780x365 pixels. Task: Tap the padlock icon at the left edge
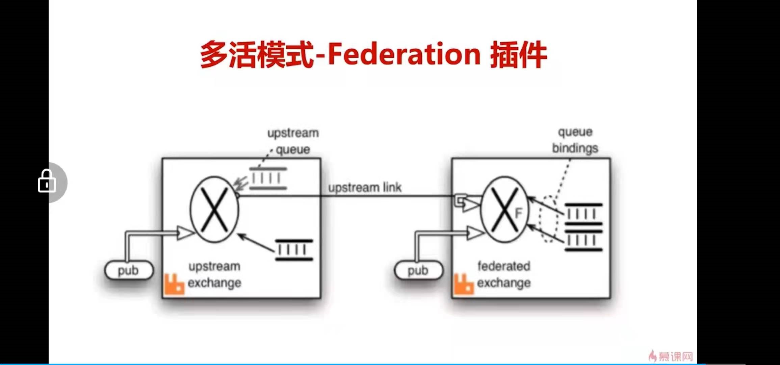coord(47,182)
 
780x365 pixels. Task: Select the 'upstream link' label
coord(365,188)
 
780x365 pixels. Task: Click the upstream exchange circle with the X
coord(214,210)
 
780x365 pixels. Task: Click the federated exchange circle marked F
coord(504,210)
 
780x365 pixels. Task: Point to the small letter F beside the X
coord(518,213)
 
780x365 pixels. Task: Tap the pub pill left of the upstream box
coord(129,270)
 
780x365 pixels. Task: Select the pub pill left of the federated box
coord(418,270)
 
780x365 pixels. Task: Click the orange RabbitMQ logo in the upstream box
coord(174,284)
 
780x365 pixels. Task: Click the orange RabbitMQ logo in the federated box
coord(464,284)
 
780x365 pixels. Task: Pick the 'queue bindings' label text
coord(575,140)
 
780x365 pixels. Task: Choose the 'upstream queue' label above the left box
coord(293,141)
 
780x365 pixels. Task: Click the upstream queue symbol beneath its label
coord(268,178)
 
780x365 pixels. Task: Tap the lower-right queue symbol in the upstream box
coord(294,250)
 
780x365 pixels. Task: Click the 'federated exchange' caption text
coord(504,274)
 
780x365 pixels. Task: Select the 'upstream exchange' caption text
coord(214,274)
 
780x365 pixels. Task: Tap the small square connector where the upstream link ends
coord(460,200)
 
